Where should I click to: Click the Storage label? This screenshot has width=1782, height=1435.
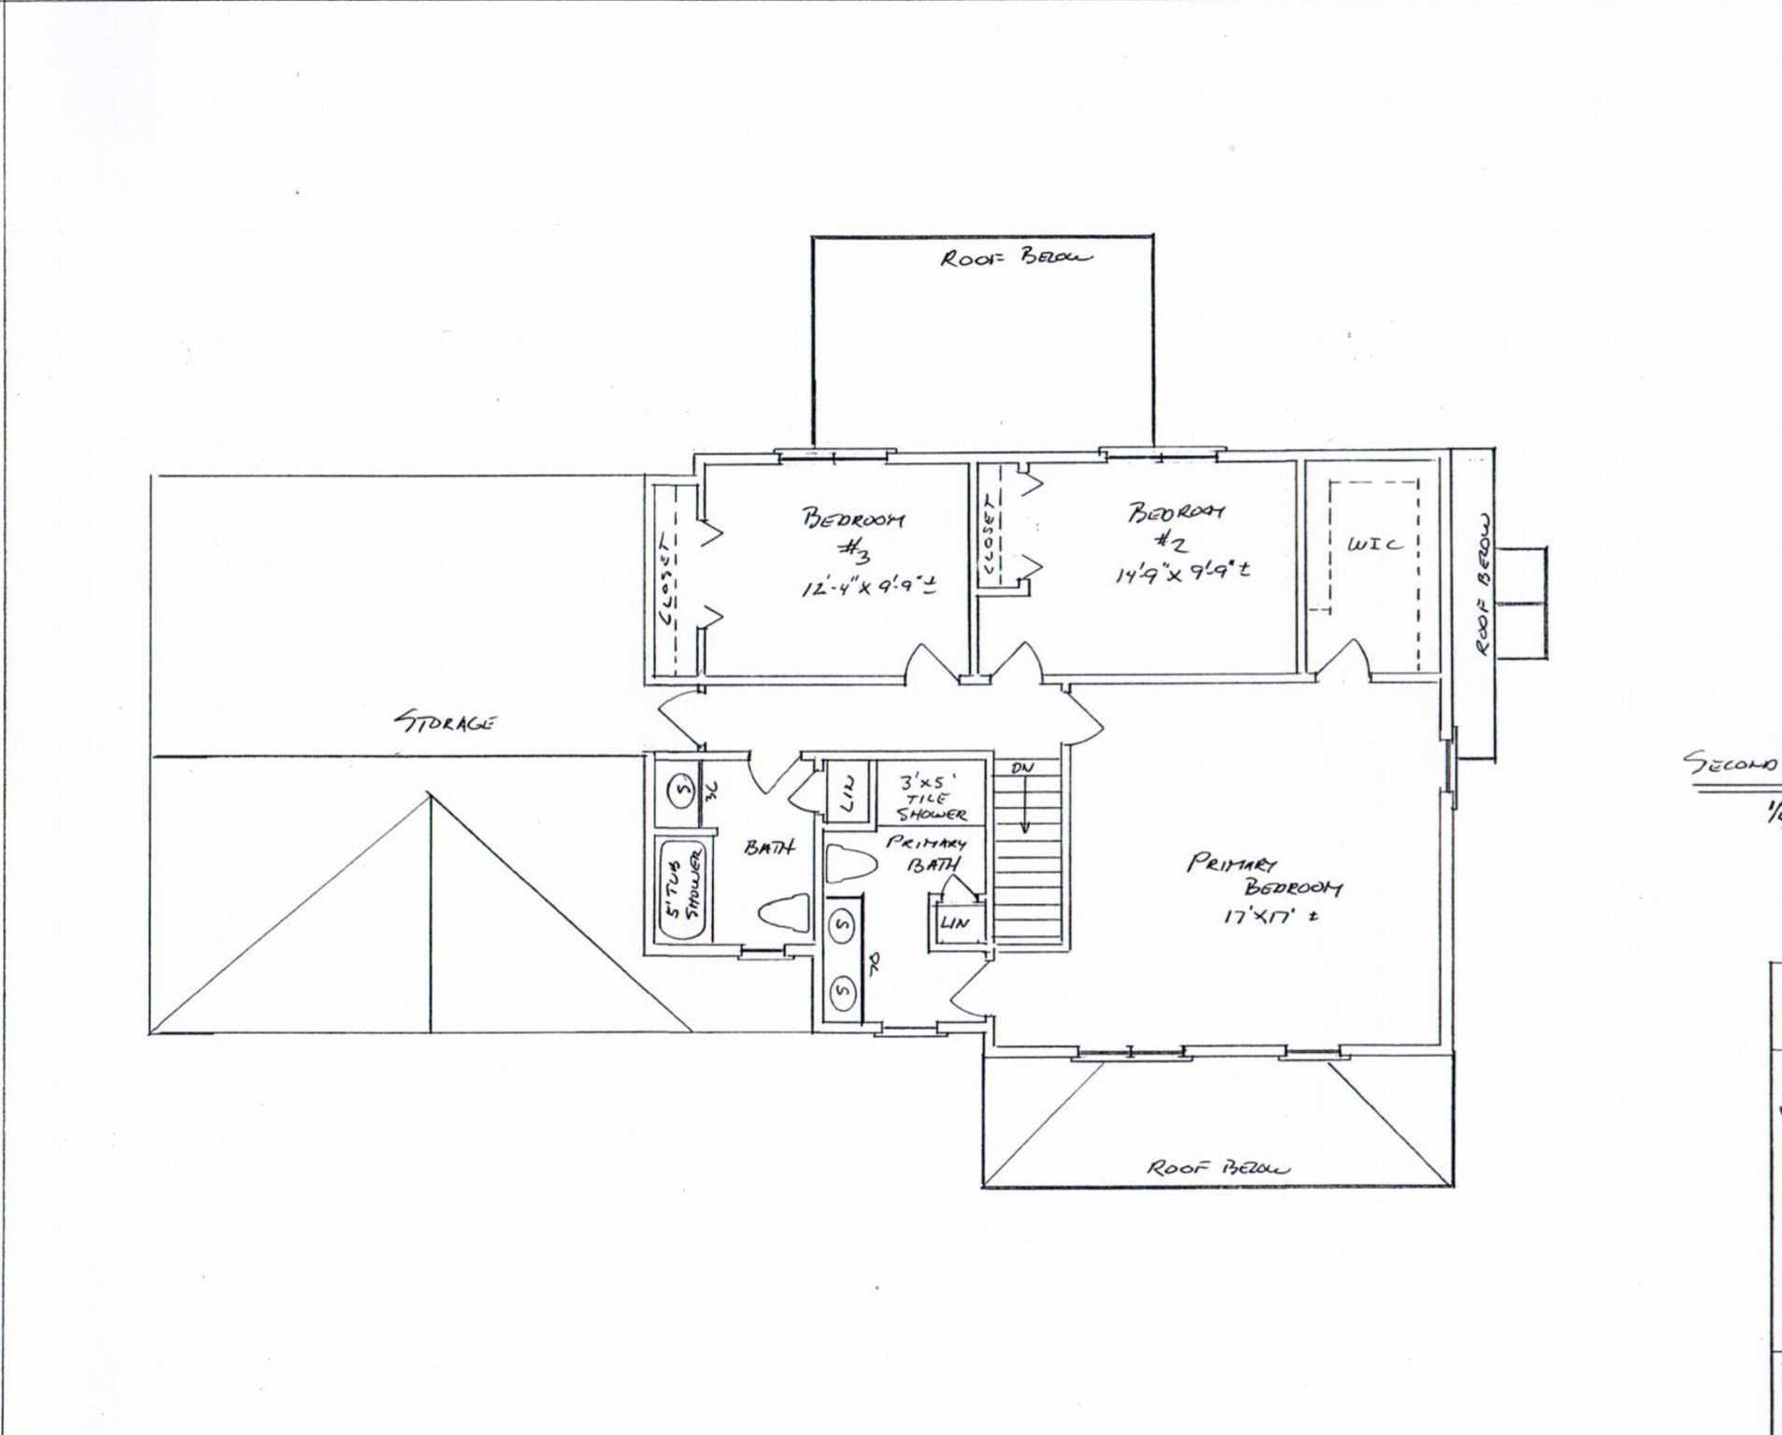click(445, 721)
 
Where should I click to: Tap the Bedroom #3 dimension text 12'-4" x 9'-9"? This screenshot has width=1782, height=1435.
click(868, 588)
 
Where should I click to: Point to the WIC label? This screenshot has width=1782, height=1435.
click(1374, 544)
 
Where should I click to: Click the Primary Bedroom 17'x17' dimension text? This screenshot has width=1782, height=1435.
click(1270, 917)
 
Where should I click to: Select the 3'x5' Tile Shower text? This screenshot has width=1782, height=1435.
click(931, 798)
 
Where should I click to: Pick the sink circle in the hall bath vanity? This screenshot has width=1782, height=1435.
click(681, 790)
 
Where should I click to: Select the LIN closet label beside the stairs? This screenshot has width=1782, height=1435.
click(955, 923)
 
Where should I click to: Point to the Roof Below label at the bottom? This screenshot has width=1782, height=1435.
click(1218, 1168)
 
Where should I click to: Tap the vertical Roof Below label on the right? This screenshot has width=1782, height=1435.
click(1483, 586)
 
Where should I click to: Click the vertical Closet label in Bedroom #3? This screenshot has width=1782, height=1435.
click(668, 580)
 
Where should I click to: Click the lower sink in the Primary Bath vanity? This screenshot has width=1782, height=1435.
click(843, 989)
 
